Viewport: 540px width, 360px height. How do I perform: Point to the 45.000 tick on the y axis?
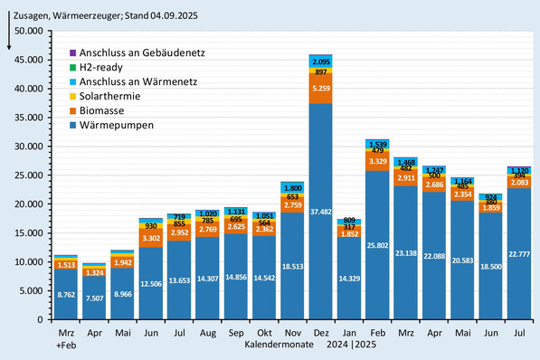click(24, 60)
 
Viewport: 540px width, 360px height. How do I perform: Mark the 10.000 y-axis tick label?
click(24, 262)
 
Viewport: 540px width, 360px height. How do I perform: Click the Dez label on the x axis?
click(319, 333)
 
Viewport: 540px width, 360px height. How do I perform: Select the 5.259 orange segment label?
click(319, 89)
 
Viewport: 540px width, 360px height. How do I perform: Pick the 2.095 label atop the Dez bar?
click(319, 60)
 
